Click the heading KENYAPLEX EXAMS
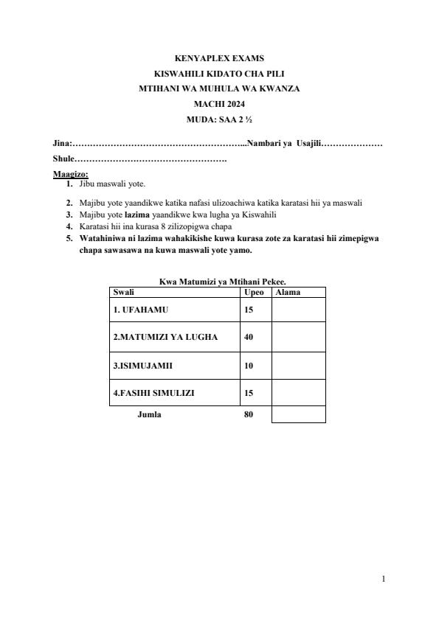point(219,58)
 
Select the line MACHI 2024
point(219,103)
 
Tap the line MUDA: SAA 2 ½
point(219,119)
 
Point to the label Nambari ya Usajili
point(284,143)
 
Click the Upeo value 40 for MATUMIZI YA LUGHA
point(249,337)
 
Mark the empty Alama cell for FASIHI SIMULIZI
point(298,393)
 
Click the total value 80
point(249,414)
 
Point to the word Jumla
point(149,414)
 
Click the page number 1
point(384,579)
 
